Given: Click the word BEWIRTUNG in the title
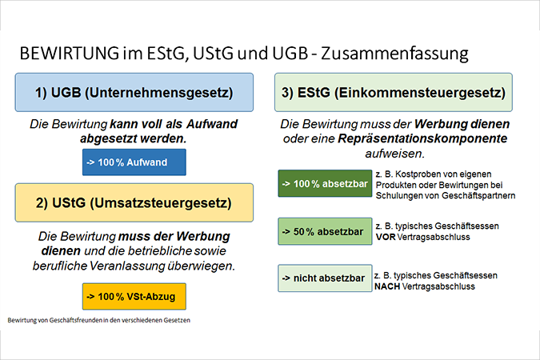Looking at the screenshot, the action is (x=70, y=53).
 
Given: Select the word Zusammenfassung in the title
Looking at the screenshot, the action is (x=394, y=54).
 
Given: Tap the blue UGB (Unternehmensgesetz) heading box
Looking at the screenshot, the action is (x=134, y=92).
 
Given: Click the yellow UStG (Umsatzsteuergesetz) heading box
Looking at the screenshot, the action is (x=134, y=202).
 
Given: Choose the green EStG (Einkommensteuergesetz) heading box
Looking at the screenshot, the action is (x=394, y=92).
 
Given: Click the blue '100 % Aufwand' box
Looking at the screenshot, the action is (x=134, y=162).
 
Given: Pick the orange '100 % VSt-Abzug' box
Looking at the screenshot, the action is (x=134, y=296).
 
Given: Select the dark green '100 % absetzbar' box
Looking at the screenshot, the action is (x=325, y=183).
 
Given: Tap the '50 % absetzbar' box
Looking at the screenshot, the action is (x=325, y=231).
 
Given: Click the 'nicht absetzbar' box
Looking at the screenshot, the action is (x=325, y=278).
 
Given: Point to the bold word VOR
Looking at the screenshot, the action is (x=386, y=237).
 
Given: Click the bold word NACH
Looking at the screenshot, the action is (x=387, y=286).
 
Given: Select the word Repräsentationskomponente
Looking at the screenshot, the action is (x=422, y=139).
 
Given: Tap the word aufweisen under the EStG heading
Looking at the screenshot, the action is (x=395, y=154).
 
